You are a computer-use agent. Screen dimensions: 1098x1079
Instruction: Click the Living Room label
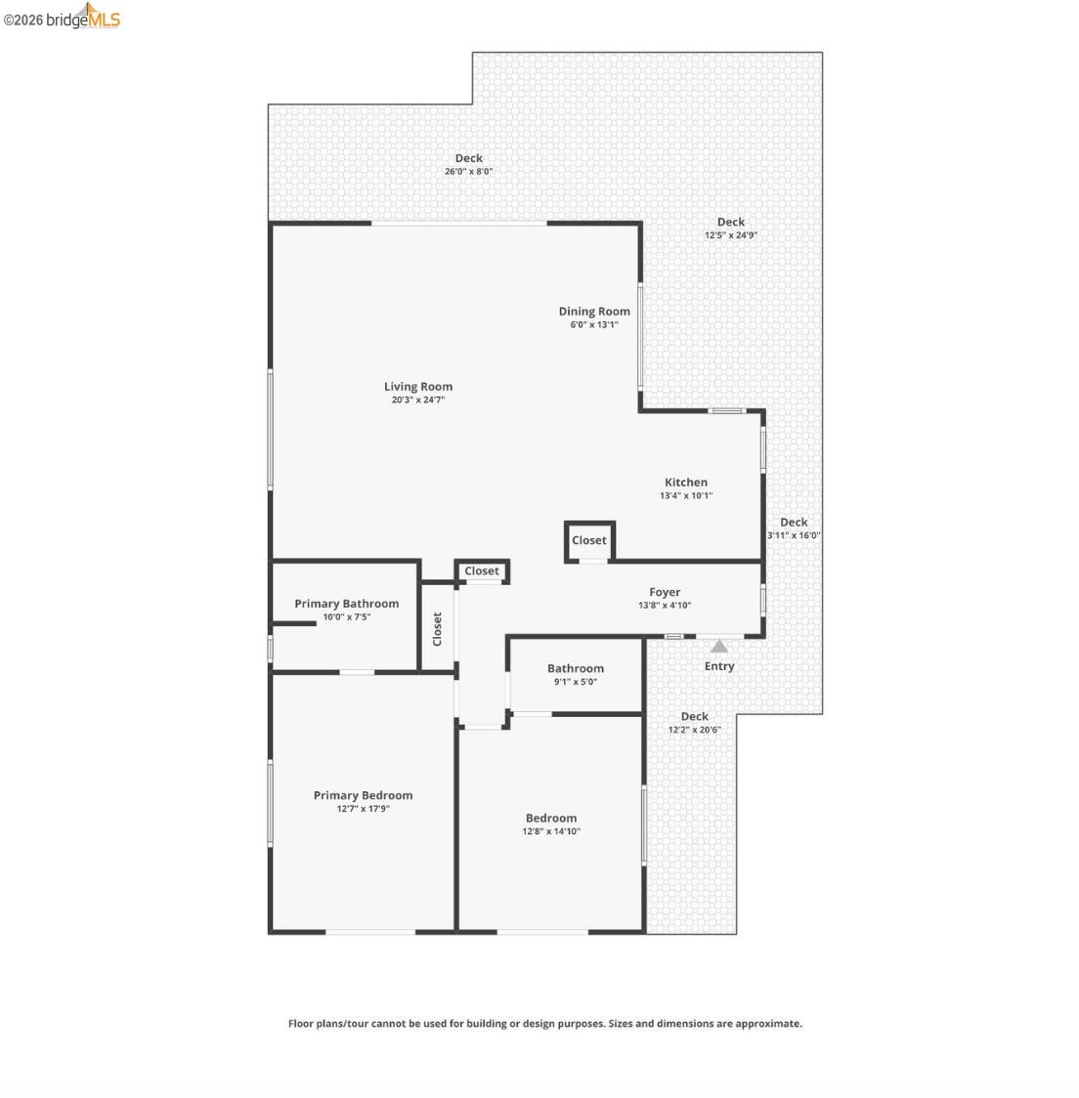coord(417,387)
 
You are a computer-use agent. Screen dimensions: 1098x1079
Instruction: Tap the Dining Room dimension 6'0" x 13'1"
coord(594,324)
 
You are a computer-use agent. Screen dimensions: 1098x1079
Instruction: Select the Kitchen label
coord(686,482)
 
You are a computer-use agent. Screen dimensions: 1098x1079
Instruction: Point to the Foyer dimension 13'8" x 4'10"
coord(665,606)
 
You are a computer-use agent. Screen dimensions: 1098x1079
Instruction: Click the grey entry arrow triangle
coord(719,646)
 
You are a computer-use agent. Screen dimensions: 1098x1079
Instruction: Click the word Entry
coord(719,666)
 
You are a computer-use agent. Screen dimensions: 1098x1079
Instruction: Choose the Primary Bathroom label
coord(346,604)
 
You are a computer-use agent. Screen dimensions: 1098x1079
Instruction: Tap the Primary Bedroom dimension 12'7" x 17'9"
coord(363,809)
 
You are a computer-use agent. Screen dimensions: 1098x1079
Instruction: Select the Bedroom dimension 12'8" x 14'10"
coord(551,831)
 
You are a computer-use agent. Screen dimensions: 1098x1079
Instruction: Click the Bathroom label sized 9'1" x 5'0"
coord(576,668)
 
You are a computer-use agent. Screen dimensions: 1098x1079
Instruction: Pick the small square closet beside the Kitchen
coord(589,540)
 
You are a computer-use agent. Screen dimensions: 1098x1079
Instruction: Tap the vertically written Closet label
coord(437,629)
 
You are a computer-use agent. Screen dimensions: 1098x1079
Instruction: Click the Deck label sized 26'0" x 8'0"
coord(469,158)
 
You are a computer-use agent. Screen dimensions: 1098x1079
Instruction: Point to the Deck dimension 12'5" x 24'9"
coord(731,235)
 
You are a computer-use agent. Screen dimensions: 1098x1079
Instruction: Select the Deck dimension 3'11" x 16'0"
coord(794,535)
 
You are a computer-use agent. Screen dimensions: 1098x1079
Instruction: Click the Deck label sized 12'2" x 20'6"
coord(695,716)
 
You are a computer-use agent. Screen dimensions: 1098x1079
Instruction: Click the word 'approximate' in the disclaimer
coord(770,1024)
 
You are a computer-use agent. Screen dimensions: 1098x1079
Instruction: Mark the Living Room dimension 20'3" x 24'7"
coord(417,400)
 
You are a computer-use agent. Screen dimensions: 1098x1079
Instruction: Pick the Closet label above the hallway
coord(482,571)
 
